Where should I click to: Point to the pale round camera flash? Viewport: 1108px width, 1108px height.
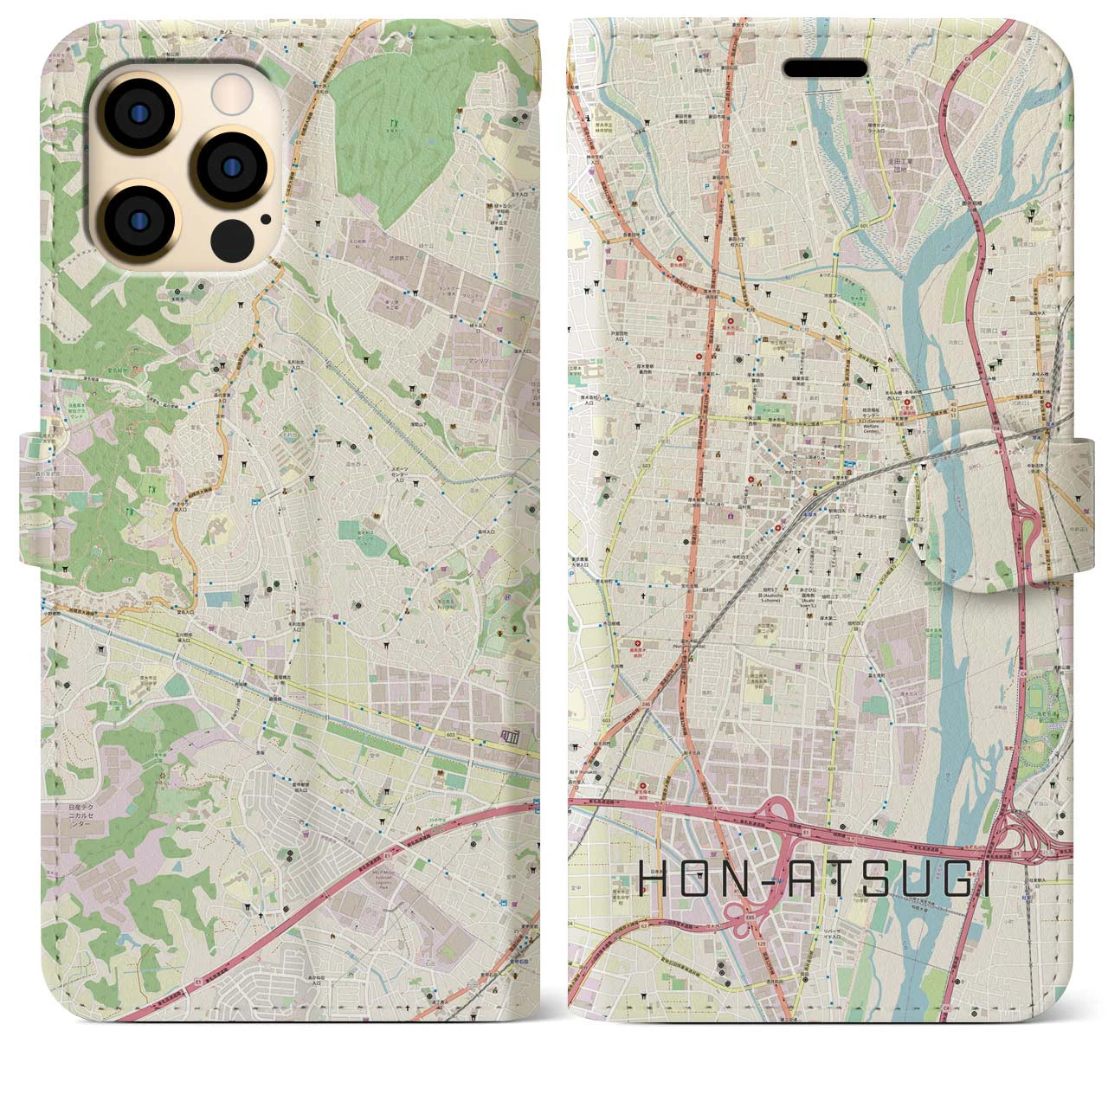230,90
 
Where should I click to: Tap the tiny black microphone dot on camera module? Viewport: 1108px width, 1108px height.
263,219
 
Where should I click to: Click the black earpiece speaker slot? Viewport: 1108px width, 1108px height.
824,68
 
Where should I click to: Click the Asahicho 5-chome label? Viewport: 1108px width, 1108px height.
768,599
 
